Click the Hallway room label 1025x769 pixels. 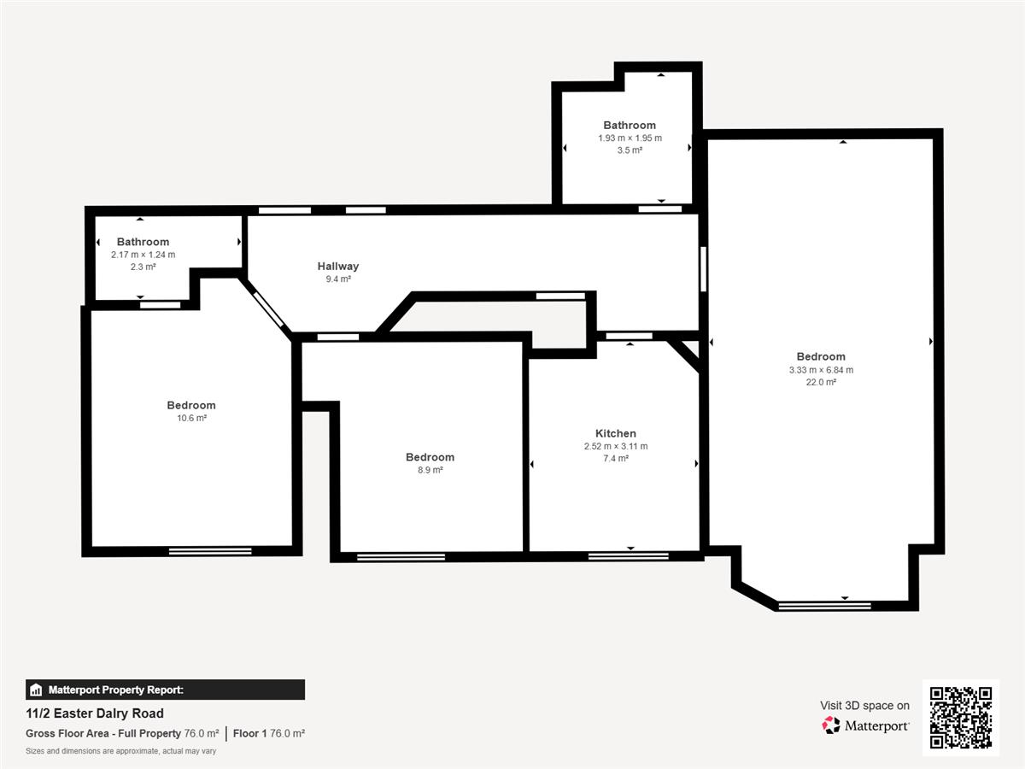[338, 266]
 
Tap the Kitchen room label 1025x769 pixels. [616, 433]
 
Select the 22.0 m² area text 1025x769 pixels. [821, 382]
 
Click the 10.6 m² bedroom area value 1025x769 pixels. [191, 418]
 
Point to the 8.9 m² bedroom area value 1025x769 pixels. [430, 470]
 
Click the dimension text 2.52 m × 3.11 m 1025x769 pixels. [616, 446]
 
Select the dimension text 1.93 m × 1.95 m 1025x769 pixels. [630, 138]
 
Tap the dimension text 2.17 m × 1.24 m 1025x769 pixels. [143, 255]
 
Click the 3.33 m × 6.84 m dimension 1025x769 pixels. [821, 370]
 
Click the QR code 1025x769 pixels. [961, 717]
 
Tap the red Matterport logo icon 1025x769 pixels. [831, 725]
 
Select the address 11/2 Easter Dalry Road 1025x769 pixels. [95, 713]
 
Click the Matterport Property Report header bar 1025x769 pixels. [166, 690]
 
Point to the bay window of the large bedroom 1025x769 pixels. [824, 606]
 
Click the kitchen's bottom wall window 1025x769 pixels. [628, 556]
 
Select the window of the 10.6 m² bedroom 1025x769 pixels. [210, 551]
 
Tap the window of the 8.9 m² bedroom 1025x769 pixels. [401, 557]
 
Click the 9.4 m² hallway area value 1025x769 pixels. [338, 279]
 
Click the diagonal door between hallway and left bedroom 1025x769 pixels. [268, 309]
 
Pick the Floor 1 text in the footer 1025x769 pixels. [249, 733]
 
